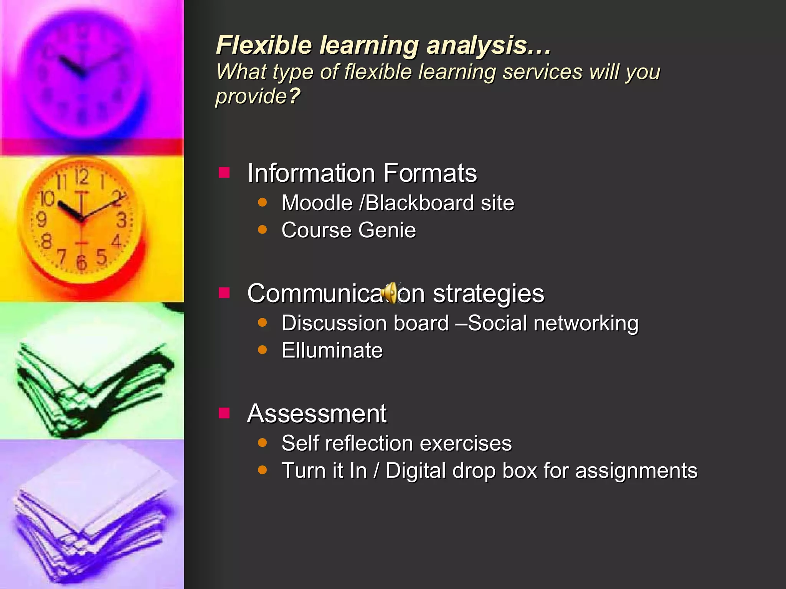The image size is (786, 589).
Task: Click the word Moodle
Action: [x=317, y=203]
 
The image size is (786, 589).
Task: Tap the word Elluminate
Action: [x=332, y=350]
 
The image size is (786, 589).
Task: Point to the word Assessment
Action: [x=317, y=414]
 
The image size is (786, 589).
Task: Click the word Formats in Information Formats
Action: [x=430, y=173]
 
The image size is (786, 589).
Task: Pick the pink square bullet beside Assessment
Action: [x=224, y=413]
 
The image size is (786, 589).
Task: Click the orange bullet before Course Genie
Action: [x=263, y=229]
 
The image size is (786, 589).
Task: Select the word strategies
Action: [x=488, y=294]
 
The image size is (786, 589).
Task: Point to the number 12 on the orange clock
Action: [x=81, y=177]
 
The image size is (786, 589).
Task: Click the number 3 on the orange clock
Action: [x=122, y=220]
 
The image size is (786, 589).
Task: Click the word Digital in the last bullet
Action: [x=416, y=471]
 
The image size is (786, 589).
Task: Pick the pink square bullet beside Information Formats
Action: [x=224, y=173]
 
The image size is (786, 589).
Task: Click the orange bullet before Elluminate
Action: [x=263, y=350]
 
